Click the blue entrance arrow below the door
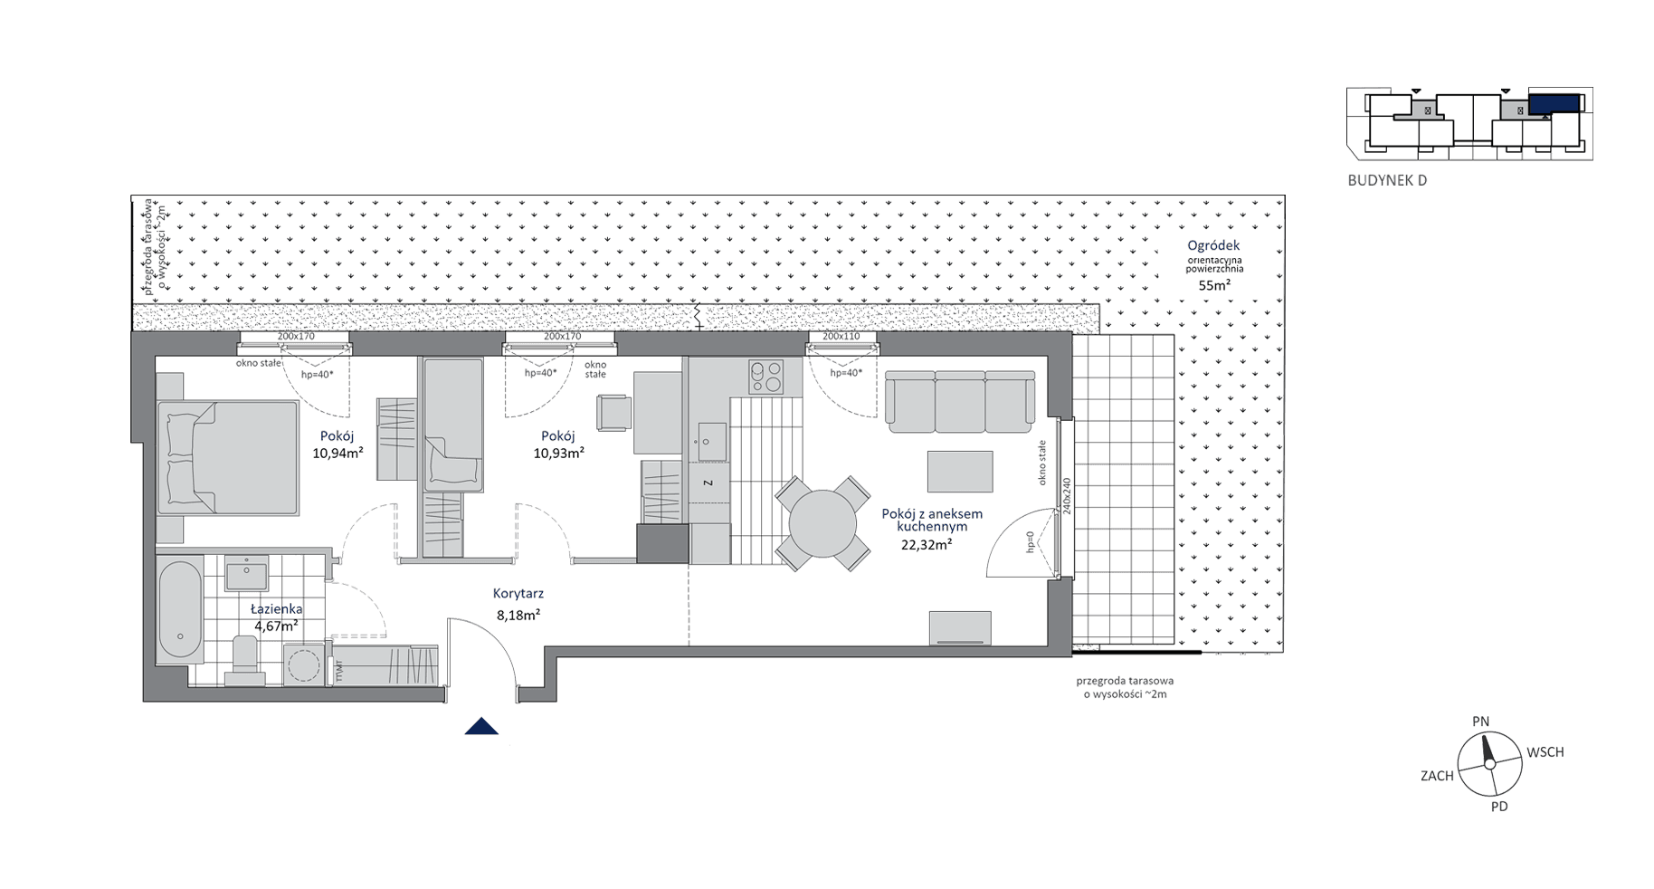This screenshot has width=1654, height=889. pos(481,726)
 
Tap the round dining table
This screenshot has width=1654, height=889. pos(822,523)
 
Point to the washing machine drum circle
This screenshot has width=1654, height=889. pos(305,666)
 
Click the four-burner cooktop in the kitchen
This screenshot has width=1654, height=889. pos(765,377)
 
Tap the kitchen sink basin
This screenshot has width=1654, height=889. pos(708,443)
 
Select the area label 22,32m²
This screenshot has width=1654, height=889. pos(926,544)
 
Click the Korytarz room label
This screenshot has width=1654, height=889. pos(518,594)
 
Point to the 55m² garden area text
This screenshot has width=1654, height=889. pos(1214,284)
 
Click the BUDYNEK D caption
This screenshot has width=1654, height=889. pos(1387,180)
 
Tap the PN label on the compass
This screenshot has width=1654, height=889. pos(1480,722)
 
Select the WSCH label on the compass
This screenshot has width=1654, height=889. pos(1545,752)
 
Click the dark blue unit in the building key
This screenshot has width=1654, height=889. pos(1554,103)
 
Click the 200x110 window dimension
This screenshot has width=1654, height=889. pos(841,337)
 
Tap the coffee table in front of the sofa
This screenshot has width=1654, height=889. pos(960,472)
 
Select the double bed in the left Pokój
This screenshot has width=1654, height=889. pos(228,457)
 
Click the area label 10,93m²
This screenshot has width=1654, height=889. pos(558,453)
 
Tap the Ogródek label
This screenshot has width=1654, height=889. pos(1213,245)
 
